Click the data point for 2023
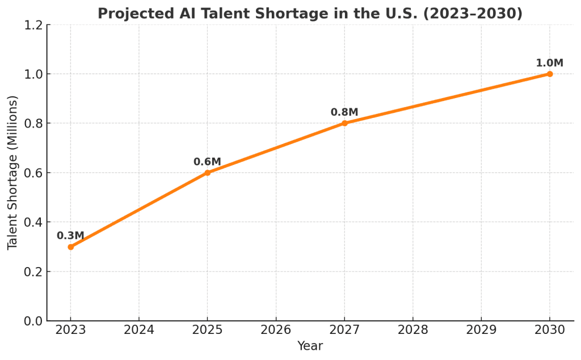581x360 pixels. coord(70,247)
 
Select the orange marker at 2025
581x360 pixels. coord(208,172)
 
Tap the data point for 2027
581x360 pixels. coord(344,123)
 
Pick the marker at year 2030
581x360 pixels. coord(550,74)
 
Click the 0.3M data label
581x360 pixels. coord(70,236)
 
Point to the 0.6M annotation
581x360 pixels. coord(207,162)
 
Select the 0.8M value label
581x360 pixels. coord(344,112)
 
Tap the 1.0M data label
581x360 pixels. coord(549,63)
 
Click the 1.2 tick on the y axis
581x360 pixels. coord(33,25)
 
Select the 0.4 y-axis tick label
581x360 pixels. coord(33,222)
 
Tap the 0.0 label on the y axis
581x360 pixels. coord(33,321)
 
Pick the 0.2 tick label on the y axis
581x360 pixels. coord(33,272)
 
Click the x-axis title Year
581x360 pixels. coord(310,346)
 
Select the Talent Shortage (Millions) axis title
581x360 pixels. coord(12,172)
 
